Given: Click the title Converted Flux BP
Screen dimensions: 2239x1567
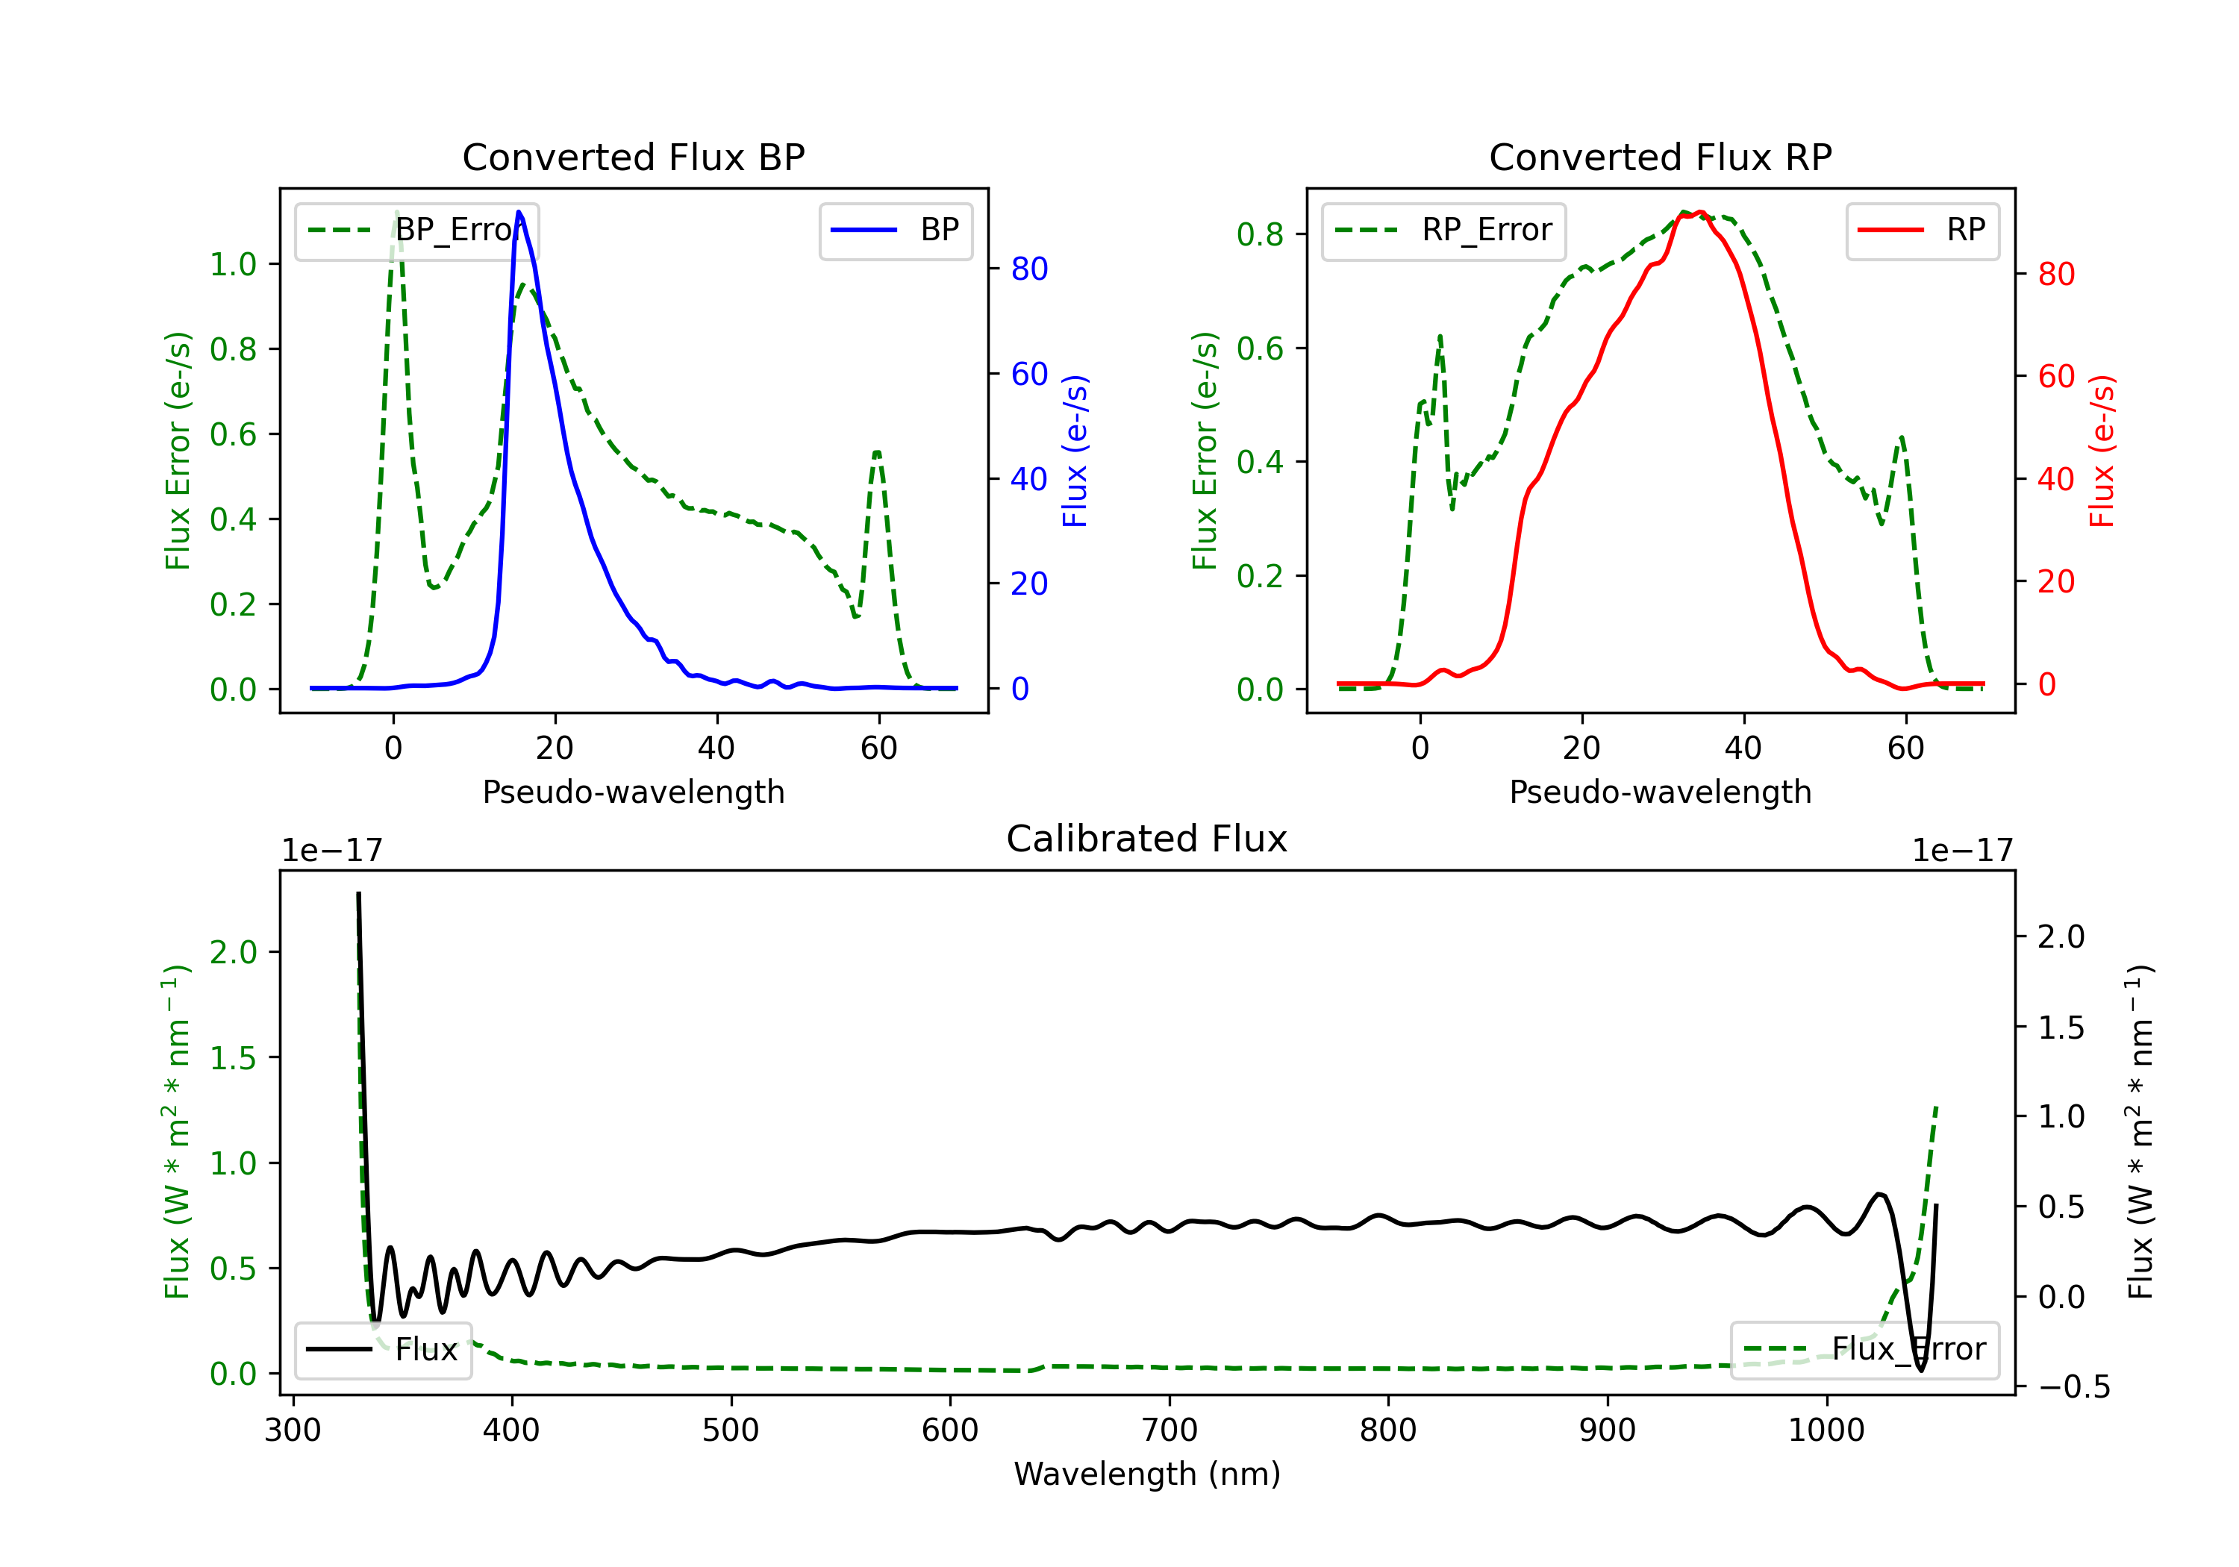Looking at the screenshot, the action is point(633,157).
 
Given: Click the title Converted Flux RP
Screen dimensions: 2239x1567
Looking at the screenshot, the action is point(1660,157).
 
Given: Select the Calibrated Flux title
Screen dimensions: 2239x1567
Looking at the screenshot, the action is point(1147,839).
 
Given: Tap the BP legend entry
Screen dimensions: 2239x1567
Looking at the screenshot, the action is point(895,230).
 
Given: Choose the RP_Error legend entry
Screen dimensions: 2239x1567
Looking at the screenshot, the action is point(1443,230).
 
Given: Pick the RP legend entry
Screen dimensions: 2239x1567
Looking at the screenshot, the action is point(1922,230).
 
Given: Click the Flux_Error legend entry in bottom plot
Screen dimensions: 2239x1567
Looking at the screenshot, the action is point(1864,1350).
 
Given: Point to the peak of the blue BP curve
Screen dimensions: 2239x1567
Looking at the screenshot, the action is point(519,212).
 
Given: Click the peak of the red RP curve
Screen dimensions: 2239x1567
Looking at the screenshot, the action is point(1699,212).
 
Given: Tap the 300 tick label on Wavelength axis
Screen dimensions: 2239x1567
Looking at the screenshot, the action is point(293,1430).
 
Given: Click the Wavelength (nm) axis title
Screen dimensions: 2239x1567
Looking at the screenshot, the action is point(1147,1474).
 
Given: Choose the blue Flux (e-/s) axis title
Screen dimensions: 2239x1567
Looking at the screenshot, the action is point(1075,451).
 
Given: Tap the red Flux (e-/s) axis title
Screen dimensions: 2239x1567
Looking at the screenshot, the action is point(2102,451).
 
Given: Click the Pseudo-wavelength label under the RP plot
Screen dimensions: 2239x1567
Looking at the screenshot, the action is point(1660,792).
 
